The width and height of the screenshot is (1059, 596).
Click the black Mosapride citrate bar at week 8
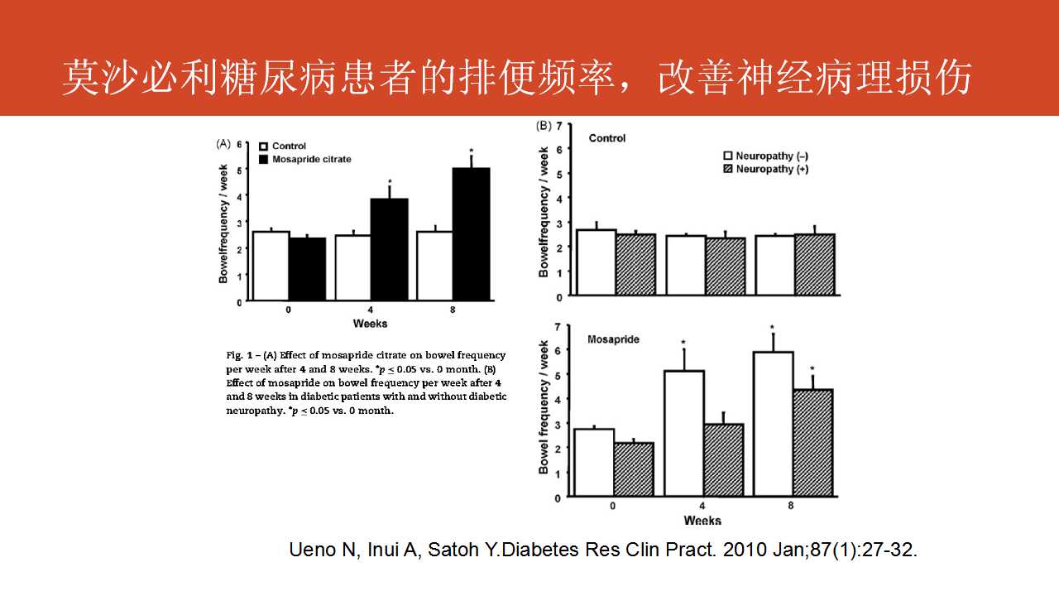470,234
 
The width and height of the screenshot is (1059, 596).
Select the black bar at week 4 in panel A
389,249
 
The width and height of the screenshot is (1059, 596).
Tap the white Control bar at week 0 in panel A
270,266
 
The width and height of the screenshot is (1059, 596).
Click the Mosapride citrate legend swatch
264,159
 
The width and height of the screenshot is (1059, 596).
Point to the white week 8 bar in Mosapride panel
773,424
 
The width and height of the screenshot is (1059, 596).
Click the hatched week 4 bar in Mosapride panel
724,459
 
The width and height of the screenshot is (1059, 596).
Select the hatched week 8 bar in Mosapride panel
813,442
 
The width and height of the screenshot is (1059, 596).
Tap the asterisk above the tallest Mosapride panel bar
771,327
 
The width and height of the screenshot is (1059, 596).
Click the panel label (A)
223,143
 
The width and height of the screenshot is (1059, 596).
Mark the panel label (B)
543,126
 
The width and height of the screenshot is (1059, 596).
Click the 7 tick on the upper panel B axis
559,125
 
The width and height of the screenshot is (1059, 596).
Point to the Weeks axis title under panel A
370,323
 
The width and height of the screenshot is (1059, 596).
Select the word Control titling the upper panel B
607,138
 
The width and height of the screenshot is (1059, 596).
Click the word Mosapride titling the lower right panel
613,339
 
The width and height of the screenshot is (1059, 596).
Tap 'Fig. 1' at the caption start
239,355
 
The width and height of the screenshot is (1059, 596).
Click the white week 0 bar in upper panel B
597,262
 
